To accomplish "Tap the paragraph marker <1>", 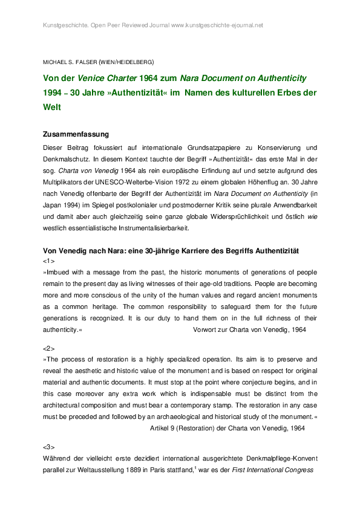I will coord(49,261).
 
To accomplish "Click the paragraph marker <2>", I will coord(49,349).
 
